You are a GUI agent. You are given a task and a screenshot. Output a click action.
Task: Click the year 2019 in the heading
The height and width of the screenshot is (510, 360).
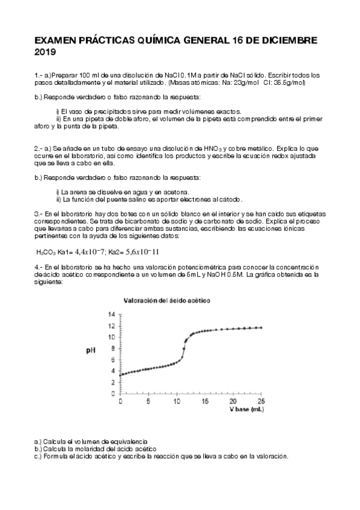(45, 53)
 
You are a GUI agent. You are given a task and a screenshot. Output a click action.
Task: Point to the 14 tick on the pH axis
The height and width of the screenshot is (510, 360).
(111, 315)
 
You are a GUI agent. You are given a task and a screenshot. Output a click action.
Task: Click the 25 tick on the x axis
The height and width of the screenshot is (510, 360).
(261, 401)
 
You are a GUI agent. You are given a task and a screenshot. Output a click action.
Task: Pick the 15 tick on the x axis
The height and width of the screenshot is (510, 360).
(205, 401)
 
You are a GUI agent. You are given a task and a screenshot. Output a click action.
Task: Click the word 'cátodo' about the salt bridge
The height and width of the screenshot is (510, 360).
(229, 199)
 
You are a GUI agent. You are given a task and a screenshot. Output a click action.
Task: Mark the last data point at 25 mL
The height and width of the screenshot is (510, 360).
(261, 328)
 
